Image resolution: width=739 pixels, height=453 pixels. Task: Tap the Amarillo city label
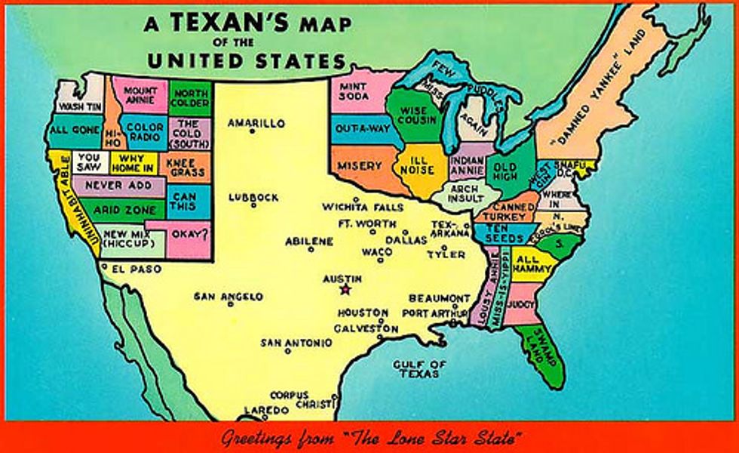(256, 123)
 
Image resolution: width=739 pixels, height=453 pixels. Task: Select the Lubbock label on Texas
(253, 198)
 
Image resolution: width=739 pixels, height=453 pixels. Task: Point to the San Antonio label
(296, 343)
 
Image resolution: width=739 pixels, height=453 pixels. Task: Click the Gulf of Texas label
(419, 368)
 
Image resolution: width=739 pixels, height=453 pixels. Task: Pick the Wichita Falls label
(362, 207)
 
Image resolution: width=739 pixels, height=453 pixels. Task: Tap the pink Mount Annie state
(140, 94)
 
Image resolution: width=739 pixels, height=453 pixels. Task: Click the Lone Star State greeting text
(369, 437)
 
